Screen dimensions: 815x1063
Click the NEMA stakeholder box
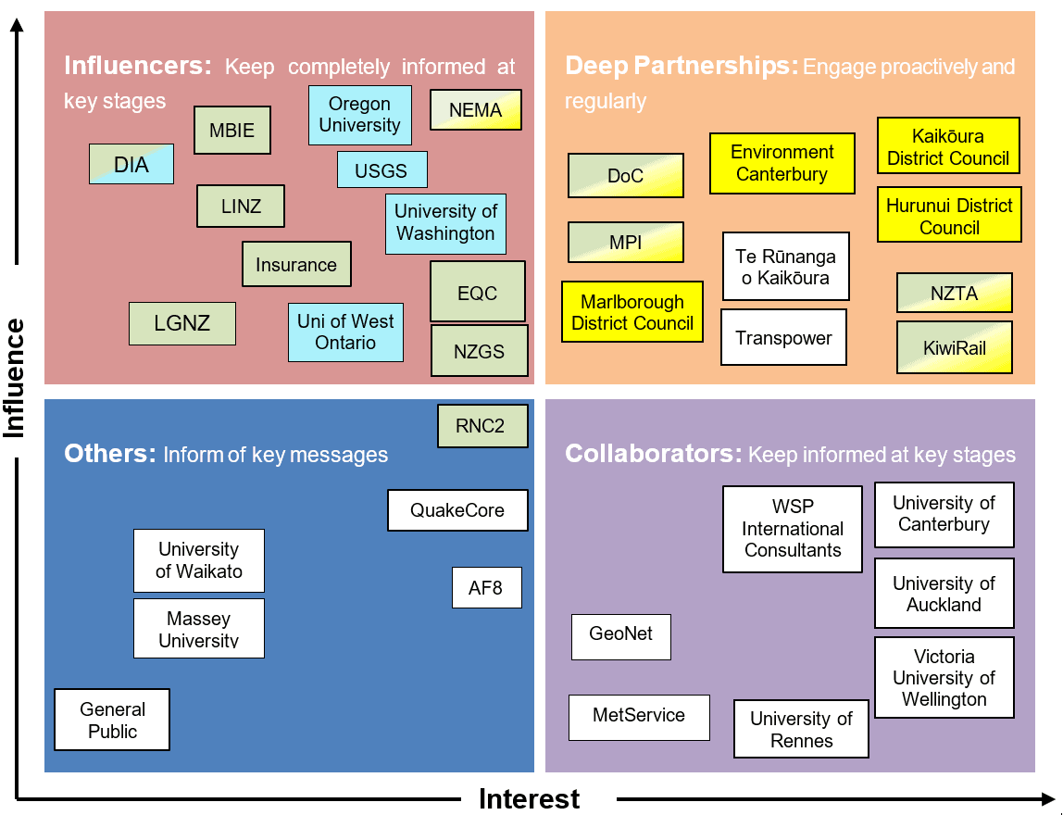[x=475, y=110]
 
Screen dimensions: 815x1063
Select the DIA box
[x=131, y=165]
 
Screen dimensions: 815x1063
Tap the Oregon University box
[x=359, y=115]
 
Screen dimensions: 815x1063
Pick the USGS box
[x=381, y=170]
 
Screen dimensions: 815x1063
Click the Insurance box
[x=296, y=265]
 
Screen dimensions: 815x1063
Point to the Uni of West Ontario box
[x=345, y=332]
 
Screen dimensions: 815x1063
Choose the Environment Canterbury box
[x=782, y=164]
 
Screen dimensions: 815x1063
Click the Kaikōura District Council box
[x=948, y=146]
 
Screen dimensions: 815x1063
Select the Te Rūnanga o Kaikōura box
[x=785, y=267]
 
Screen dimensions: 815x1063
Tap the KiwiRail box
[x=954, y=348]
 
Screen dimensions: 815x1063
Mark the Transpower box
[x=783, y=338]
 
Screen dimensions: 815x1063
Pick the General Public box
[x=112, y=720]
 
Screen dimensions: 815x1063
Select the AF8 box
[x=486, y=587]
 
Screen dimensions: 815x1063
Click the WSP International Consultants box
[x=793, y=529]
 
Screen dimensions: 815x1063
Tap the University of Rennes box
[x=801, y=729]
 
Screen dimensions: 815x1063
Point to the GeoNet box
[x=620, y=636]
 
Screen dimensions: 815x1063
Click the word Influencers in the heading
[x=138, y=66]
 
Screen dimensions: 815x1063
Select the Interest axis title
[x=529, y=798]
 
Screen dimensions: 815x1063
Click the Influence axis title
[x=14, y=378]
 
